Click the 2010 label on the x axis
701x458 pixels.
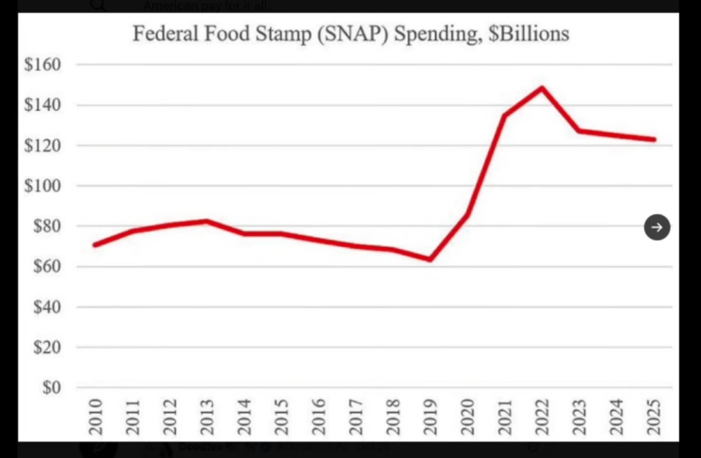point(96,417)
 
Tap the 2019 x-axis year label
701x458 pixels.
point(431,417)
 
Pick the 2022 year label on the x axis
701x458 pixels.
point(543,417)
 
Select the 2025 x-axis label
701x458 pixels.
point(654,417)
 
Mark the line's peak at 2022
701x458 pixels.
point(542,88)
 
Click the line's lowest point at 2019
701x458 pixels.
point(431,259)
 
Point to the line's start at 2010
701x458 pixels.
point(94,245)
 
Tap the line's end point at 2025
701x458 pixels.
point(654,139)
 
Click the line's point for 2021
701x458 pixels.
point(505,115)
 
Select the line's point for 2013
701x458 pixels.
point(207,221)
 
